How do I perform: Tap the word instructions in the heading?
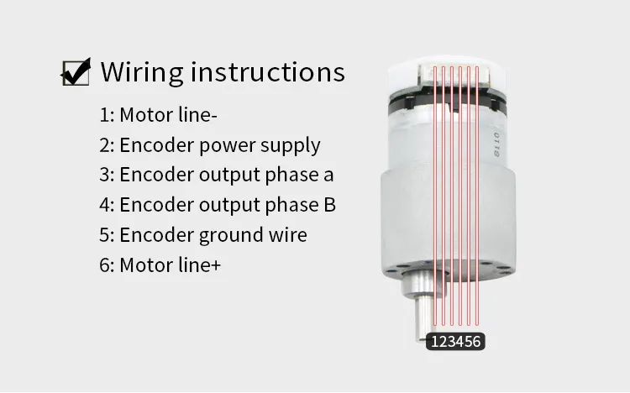[269, 72]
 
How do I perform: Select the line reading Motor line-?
[171, 115]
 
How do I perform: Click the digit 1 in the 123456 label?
[436, 342]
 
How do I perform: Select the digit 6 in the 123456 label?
[479, 342]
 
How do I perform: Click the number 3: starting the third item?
[107, 175]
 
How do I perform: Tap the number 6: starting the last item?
[107, 265]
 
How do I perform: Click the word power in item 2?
[227, 146]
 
